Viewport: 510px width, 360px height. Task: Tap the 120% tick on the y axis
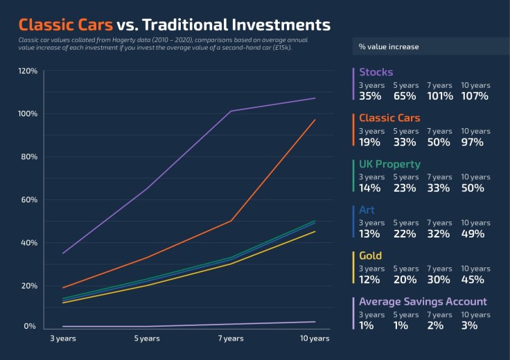[28, 71]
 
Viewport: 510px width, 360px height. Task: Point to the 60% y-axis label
[28, 200]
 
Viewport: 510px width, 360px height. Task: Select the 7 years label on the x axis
[231, 339]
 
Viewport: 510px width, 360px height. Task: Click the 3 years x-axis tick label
[63, 339]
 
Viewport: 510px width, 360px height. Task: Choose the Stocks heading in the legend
[376, 72]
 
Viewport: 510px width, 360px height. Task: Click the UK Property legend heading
[389, 164]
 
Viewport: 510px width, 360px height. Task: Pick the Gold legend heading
[370, 256]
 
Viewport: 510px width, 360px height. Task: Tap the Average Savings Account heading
[423, 302]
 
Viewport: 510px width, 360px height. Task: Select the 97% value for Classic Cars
[473, 142]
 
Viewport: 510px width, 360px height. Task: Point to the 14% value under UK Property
[369, 188]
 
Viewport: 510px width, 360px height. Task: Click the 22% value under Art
[405, 234]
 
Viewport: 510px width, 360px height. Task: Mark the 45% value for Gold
[473, 280]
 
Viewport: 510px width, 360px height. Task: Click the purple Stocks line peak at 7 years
[231, 111]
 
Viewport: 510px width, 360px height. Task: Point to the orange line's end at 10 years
[315, 120]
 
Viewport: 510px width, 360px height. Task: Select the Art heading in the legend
[367, 210]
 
